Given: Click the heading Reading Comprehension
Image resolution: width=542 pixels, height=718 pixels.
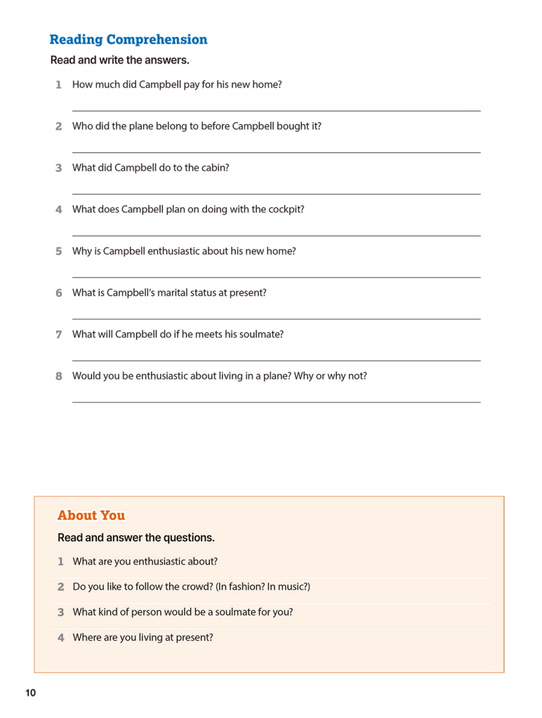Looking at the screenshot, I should tap(128, 40).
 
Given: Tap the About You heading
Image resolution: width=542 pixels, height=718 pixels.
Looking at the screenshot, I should tap(91, 515).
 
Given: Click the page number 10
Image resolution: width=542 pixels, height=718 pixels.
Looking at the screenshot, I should tap(30, 693).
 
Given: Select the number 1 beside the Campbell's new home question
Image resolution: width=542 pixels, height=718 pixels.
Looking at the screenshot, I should tap(58, 85).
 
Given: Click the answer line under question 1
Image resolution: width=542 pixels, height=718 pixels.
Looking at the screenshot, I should tap(276, 111).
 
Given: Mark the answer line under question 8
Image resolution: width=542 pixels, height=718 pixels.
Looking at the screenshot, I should tap(276, 402).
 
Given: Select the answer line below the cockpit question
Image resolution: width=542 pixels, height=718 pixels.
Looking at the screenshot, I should tap(276, 236).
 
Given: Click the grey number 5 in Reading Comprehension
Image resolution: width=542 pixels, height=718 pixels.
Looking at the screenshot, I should tap(59, 251).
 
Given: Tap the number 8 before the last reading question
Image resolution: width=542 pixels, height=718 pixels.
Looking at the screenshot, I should tap(59, 376).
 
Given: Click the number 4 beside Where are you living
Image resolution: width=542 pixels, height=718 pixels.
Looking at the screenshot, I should tap(61, 638).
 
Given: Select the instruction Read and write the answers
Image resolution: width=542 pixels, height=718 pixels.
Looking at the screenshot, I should tap(119, 60).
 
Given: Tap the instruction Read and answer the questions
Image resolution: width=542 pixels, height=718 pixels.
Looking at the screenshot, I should tap(136, 538).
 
